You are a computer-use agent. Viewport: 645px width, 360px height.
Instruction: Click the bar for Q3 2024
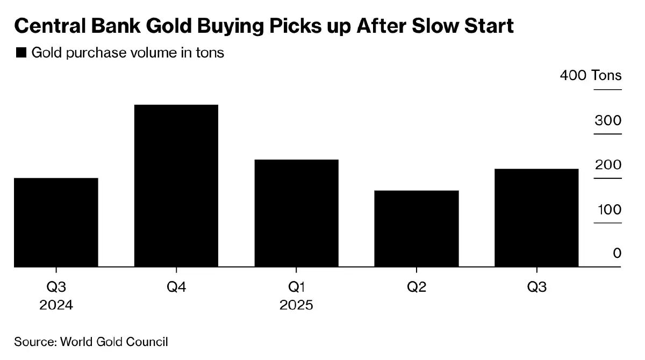pyautogui.click(x=56, y=222)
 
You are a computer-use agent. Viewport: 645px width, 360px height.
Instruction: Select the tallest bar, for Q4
pyautogui.click(x=176, y=185)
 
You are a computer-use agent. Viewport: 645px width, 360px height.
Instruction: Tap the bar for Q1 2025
pyautogui.click(x=296, y=213)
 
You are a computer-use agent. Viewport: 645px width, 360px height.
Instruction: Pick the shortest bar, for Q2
pyautogui.click(x=417, y=228)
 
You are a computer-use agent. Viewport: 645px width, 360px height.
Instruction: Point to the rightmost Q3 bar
pyautogui.click(x=536, y=218)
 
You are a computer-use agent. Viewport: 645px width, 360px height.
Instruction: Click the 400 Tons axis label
pyautogui.click(x=590, y=75)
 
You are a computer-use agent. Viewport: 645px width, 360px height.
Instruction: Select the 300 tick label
pyautogui.click(x=608, y=120)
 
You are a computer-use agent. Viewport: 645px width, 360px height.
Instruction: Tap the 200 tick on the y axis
pyautogui.click(x=608, y=165)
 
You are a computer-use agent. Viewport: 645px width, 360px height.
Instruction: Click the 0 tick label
pyautogui.click(x=617, y=253)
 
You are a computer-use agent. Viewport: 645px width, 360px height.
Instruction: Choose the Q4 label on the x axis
pyautogui.click(x=176, y=287)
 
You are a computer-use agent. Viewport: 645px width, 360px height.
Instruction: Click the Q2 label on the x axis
pyautogui.click(x=417, y=287)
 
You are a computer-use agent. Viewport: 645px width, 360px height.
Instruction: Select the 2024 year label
pyautogui.click(x=56, y=305)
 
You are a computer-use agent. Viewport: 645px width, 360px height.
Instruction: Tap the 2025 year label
pyautogui.click(x=296, y=305)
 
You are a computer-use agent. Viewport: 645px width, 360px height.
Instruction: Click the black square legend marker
pyautogui.click(x=21, y=53)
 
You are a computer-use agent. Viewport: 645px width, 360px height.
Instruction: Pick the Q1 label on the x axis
pyautogui.click(x=296, y=287)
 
